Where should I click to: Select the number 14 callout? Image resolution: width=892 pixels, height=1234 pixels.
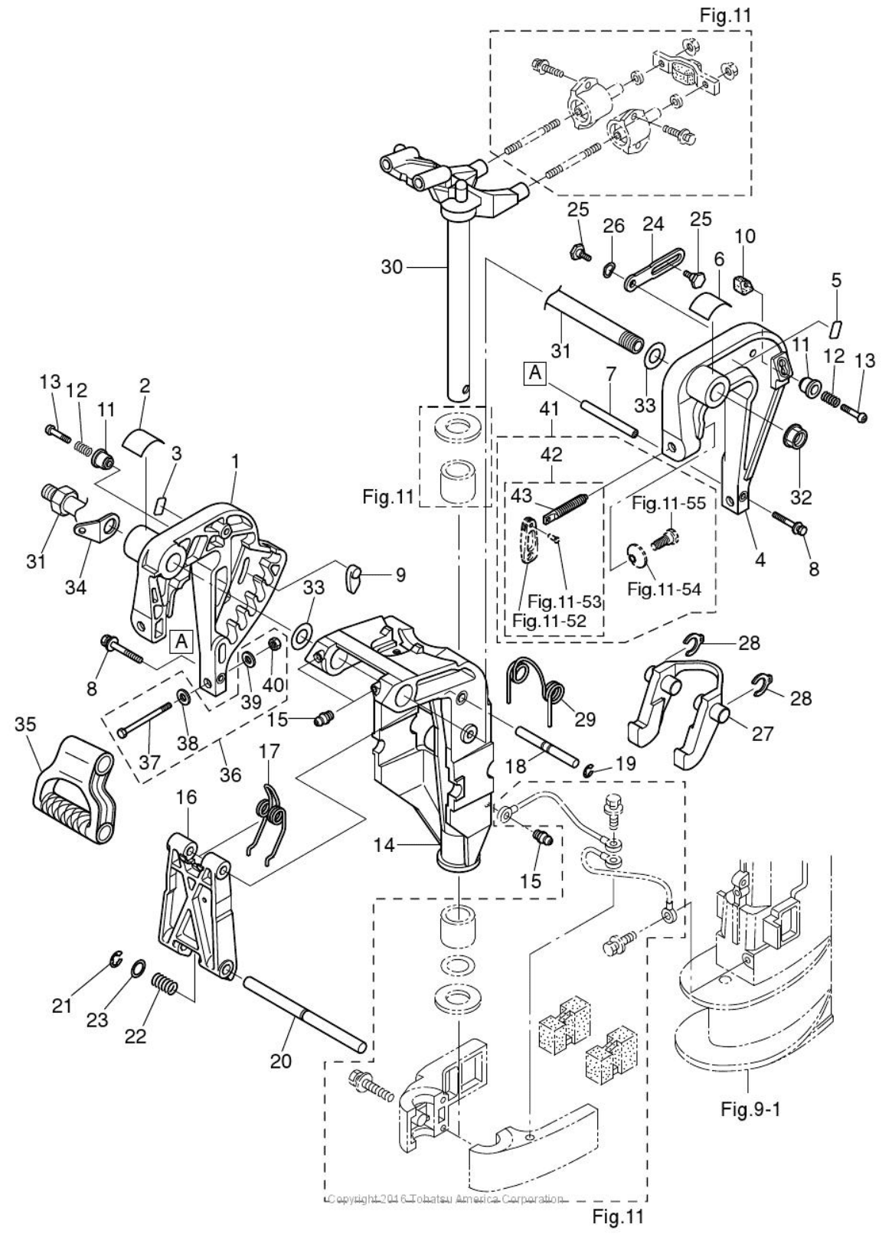(384, 844)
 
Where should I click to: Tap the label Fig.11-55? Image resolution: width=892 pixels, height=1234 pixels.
(669, 504)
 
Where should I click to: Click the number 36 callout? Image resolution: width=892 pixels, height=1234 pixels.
(230, 775)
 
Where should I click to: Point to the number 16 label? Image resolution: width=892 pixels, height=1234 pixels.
(188, 798)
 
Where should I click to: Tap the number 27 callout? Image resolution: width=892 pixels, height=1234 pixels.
(763, 734)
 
